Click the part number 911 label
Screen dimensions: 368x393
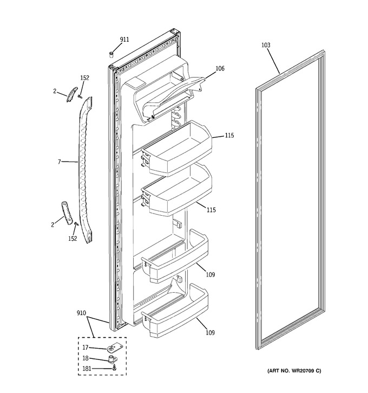click(124, 40)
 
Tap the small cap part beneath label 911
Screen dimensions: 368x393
click(111, 54)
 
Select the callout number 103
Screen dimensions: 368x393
click(266, 45)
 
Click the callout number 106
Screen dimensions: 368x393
click(220, 68)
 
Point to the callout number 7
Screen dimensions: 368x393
click(60, 162)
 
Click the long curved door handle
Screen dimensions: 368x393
click(85, 170)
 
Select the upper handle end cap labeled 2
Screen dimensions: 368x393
click(72, 94)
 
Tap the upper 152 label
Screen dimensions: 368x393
click(84, 78)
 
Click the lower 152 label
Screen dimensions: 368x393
click(73, 239)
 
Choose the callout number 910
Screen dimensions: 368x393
click(81, 313)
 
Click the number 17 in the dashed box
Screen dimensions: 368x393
click(86, 347)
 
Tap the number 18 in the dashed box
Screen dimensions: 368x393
click(86, 358)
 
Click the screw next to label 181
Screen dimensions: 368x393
click(115, 368)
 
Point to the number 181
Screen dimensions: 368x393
click(87, 369)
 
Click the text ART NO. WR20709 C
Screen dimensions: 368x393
click(294, 371)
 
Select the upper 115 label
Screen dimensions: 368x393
click(229, 136)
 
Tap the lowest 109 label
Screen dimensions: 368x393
click(210, 333)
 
